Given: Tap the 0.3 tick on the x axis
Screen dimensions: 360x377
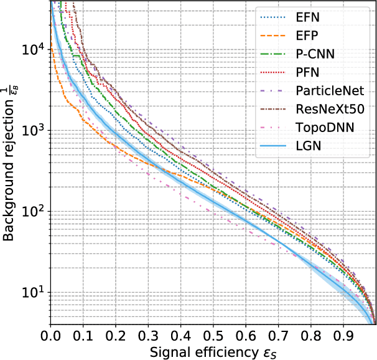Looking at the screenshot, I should click(x=148, y=336).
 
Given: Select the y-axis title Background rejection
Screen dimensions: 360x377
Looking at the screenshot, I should click(x=10, y=162).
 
